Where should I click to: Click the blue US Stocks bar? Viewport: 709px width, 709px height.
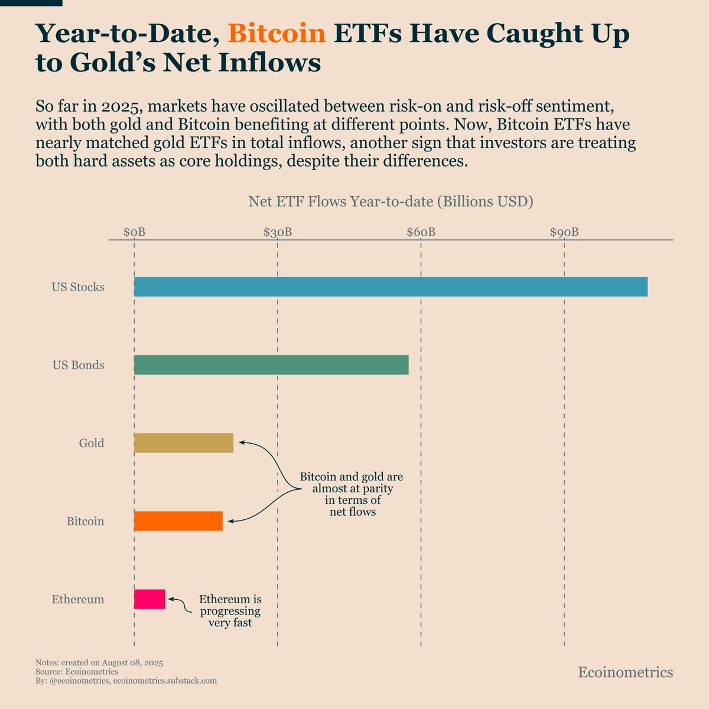click(391, 287)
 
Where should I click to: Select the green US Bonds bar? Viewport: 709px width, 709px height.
click(271, 365)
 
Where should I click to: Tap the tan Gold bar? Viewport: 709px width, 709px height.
click(184, 443)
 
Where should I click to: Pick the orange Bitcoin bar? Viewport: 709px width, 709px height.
click(178, 521)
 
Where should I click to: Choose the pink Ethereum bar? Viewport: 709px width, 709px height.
click(149, 599)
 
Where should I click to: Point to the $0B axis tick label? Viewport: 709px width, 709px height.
click(134, 232)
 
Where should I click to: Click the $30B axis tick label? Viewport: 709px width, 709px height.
click(278, 232)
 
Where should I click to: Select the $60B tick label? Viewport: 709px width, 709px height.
click(421, 232)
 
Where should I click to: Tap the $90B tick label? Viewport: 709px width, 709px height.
click(564, 232)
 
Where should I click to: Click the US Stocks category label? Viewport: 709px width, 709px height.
click(78, 288)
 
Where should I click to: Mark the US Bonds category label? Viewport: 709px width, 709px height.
click(79, 366)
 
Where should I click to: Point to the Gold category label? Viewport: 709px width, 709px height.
click(92, 444)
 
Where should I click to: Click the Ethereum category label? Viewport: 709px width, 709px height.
click(78, 600)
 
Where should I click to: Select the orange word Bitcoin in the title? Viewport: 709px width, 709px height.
click(277, 34)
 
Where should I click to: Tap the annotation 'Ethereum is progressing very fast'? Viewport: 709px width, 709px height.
click(230, 611)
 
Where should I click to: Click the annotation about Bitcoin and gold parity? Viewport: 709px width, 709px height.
click(352, 494)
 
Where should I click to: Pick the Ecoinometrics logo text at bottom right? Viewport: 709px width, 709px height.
click(625, 672)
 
